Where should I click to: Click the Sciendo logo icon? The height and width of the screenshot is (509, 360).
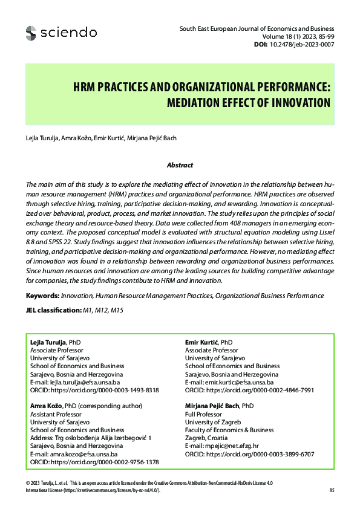(31, 33)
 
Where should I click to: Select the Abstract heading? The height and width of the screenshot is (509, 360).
(180, 165)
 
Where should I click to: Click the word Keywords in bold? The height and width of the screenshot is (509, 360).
(42, 296)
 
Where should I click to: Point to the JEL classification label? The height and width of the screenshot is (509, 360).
(53, 310)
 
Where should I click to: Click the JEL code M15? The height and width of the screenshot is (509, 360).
(117, 310)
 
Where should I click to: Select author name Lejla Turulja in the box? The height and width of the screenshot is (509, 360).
(48, 342)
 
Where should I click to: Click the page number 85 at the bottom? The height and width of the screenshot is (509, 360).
(332, 490)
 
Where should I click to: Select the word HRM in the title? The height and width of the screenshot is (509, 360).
(85, 86)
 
